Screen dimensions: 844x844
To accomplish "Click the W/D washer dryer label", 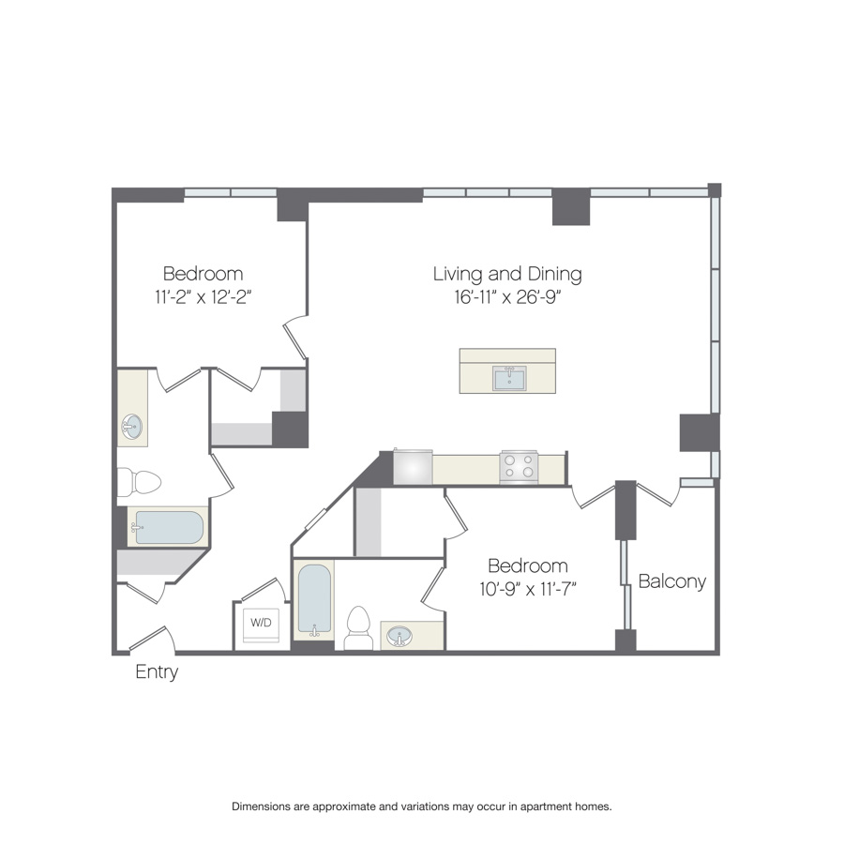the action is (261, 623).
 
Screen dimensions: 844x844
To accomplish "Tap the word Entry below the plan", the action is (157, 672).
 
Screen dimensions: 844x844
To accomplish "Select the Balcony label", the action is (671, 581).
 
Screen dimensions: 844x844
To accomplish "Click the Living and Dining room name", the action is (507, 274).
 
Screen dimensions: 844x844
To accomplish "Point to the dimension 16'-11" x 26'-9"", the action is (507, 297).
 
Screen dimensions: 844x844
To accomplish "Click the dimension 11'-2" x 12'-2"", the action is (203, 296).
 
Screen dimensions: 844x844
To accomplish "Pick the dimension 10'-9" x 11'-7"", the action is (527, 589).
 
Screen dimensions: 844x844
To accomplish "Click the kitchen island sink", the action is (509, 379).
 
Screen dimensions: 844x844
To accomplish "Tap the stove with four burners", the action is (519, 466).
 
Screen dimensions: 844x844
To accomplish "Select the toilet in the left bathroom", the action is (139, 482).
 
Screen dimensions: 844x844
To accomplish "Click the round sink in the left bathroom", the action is (131, 427).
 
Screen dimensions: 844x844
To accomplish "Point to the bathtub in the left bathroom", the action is (169, 527).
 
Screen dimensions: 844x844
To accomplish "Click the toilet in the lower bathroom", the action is (358, 628).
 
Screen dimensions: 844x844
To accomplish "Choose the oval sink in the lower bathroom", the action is (399, 636).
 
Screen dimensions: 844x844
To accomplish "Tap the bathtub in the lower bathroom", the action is (314, 600).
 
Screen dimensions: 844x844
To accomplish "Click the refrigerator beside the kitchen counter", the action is (413, 467).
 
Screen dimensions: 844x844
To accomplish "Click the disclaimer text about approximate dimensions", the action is (421, 806).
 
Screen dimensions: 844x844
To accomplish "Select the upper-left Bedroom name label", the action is (203, 274).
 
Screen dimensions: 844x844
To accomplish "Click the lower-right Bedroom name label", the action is (527, 565).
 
